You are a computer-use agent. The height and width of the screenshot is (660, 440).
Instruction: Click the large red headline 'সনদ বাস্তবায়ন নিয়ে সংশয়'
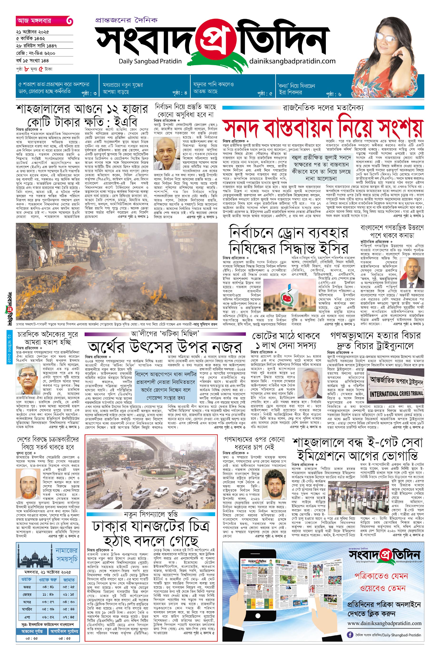tap(323, 128)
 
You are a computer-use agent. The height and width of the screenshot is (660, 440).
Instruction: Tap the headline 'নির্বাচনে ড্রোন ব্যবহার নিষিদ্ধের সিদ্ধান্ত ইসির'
tap(289, 240)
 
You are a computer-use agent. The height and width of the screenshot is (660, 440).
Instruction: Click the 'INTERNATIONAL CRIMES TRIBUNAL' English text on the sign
tap(396, 393)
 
